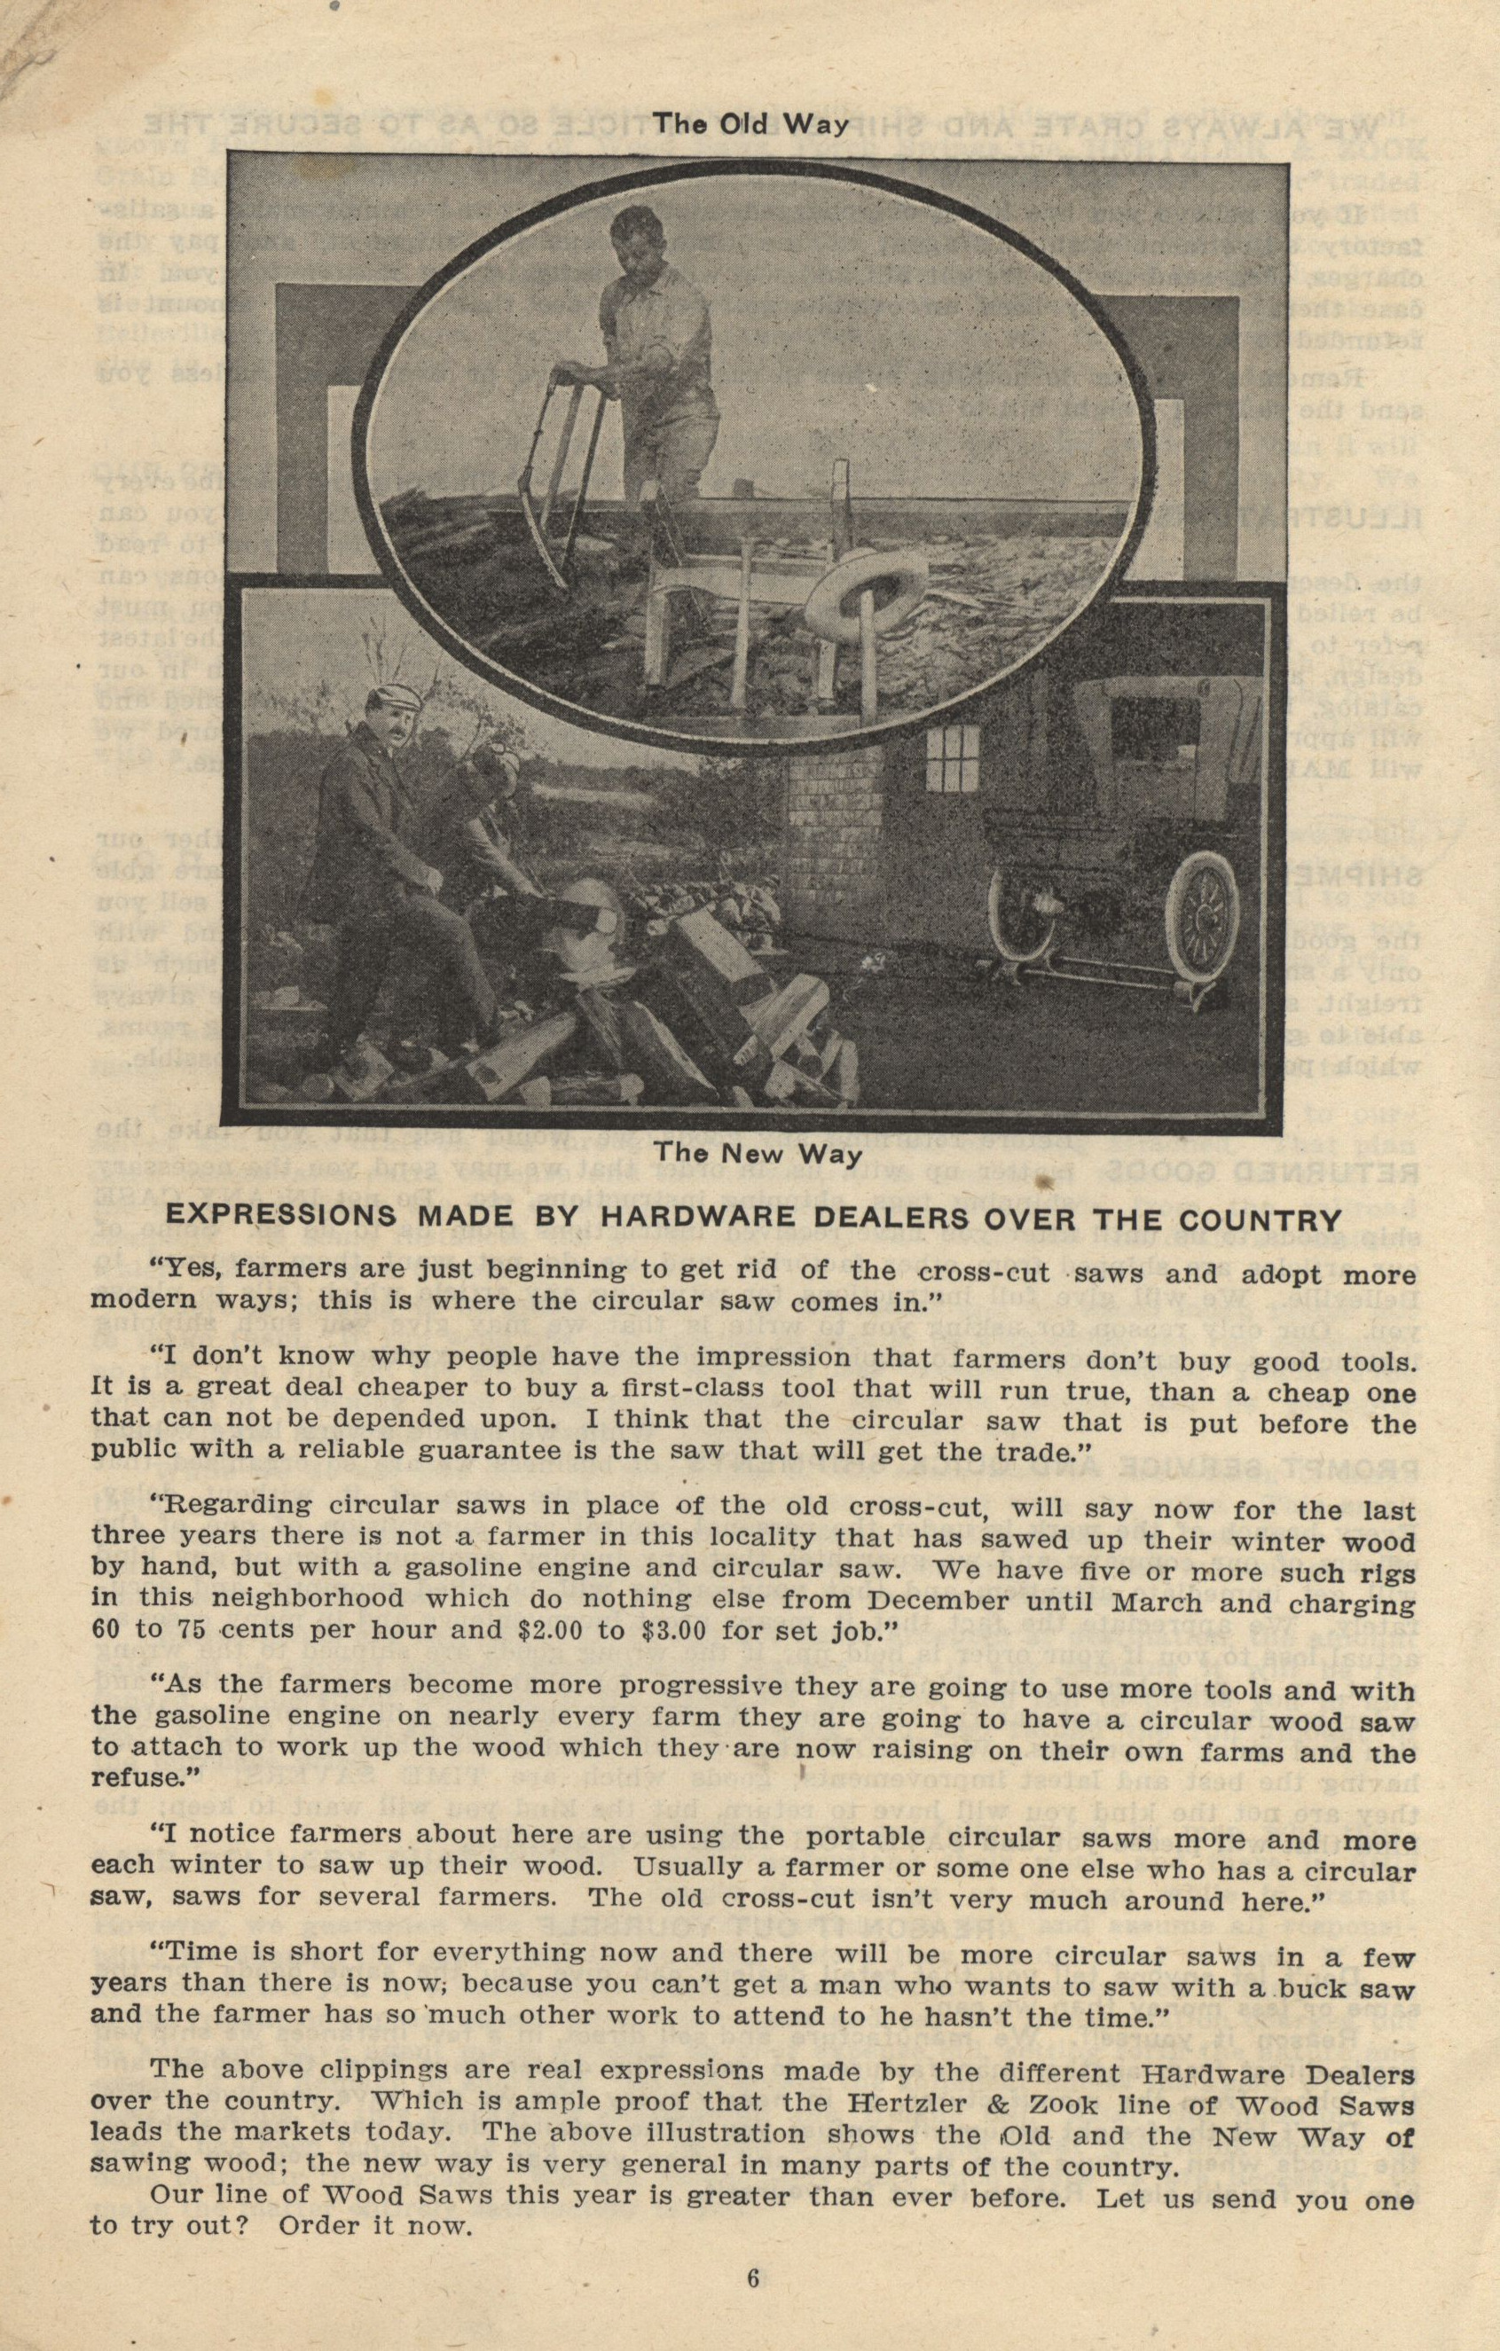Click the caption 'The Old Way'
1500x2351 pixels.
(x=750, y=124)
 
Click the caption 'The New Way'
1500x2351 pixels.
(x=758, y=1153)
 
